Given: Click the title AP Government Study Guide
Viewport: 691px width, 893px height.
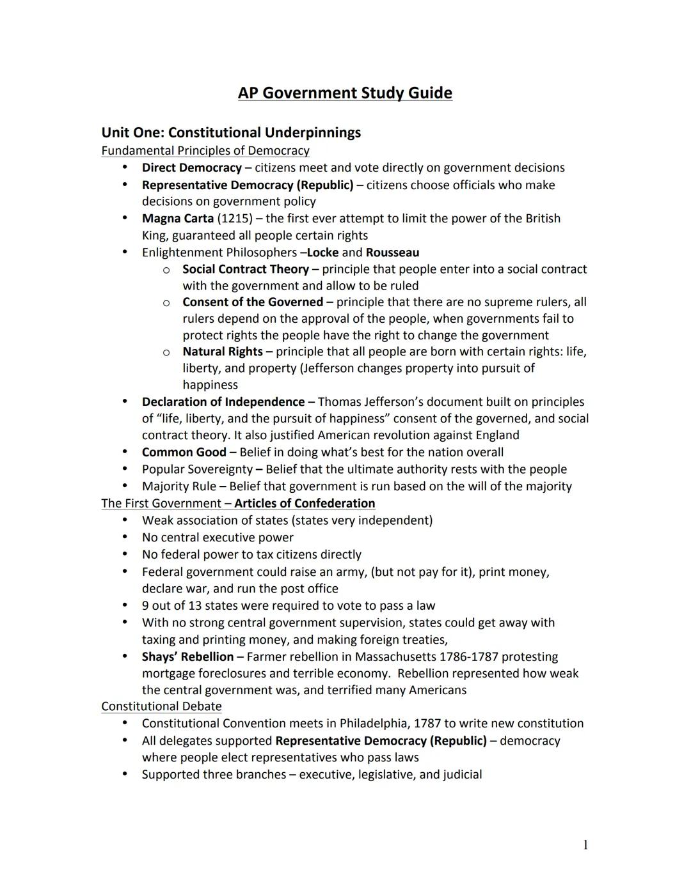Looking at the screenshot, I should pyautogui.click(x=345, y=93).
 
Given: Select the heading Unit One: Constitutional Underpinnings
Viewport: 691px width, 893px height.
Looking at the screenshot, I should pyautogui.click(x=231, y=133).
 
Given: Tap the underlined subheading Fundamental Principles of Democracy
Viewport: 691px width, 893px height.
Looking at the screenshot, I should pyautogui.click(x=205, y=151).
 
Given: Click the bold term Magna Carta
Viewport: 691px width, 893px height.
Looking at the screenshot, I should pyautogui.click(x=177, y=219).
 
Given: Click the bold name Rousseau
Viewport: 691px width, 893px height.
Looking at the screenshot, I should pyautogui.click(x=392, y=252).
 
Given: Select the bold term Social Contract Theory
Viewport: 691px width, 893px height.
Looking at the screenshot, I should pyautogui.click(x=245, y=269).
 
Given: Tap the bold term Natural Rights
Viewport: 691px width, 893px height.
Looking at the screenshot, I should pyautogui.click(x=222, y=352).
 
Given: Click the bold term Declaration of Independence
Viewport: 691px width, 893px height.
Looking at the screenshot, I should pyautogui.click(x=223, y=402).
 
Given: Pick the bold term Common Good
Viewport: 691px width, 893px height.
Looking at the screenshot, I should pyautogui.click(x=184, y=453).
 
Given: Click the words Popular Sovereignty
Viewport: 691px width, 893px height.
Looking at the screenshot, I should pyautogui.click(x=196, y=469).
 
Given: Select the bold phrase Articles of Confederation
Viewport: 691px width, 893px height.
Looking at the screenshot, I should pyautogui.click(x=305, y=504).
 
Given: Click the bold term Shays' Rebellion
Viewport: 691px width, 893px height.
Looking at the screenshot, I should pyautogui.click(x=187, y=657).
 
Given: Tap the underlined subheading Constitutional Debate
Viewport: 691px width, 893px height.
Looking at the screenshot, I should pyautogui.click(x=161, y=706).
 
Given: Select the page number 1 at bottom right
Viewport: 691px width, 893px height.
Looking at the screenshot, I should pyautogui.click(x=585, y=845).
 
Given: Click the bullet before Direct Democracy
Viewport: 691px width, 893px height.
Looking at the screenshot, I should pyautogui.click(x=125, y=167).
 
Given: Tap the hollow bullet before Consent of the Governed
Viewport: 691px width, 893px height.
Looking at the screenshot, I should pyautogui.click(x=166, y=303).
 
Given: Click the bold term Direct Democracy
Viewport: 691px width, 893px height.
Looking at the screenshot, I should pyautogui.click(x=191, y=168).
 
